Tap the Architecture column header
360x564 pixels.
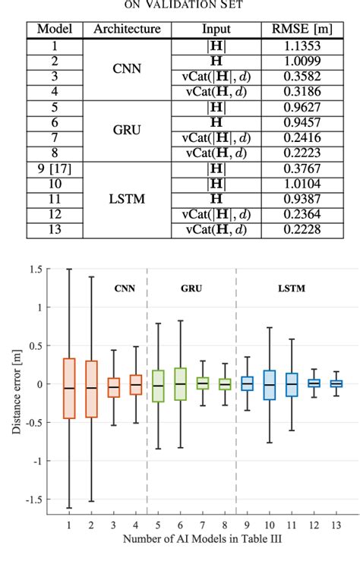[127, 30]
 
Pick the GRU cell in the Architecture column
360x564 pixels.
[127, 129]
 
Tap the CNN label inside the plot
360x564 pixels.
[103, 288]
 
